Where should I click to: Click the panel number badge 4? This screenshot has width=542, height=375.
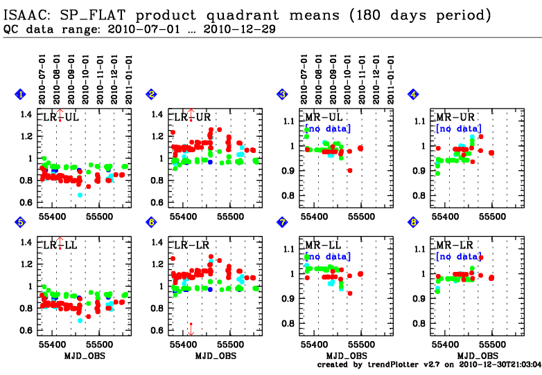(x=413, y=94)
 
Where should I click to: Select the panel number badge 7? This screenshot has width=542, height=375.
(x=282, y=222)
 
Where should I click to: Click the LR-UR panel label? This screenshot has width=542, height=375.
(x=190, y=118)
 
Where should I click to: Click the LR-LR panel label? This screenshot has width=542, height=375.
(x=190, y=246)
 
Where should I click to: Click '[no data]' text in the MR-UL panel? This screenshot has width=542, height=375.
(x=328, y=129)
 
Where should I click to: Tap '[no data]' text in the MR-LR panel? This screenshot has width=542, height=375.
(x=458, y=257)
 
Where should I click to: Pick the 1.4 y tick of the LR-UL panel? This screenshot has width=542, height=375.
(x=26, y=115)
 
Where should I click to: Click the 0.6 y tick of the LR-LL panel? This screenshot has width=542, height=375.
(x=26, y=330)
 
